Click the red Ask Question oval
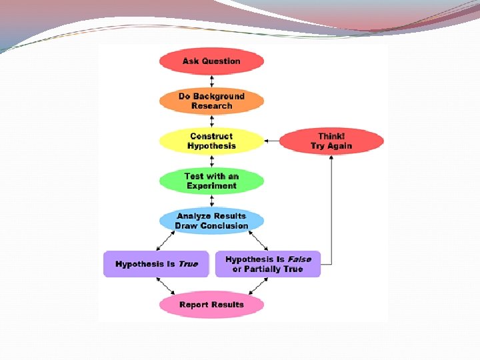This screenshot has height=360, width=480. pos(211,61)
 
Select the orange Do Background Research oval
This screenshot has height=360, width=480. pos(211,101)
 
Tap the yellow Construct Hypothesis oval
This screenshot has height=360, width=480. pos(211,141)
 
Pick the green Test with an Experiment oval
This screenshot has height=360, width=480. pos(211,181)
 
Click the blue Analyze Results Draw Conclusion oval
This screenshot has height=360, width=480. pos(211,221)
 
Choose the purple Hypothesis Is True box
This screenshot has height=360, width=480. pos(156,264)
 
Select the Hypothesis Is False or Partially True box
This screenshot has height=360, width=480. pos(267,264)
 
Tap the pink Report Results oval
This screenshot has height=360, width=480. pos(211,305)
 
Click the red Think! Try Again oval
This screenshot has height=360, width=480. pos(331,141)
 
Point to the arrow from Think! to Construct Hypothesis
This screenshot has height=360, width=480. pos(271,141)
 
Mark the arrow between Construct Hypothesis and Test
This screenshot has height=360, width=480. pos(211,161)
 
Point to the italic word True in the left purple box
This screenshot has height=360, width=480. pos(189,264)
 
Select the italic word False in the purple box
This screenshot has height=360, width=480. pos(299,259)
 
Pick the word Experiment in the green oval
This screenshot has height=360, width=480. pos(211,186)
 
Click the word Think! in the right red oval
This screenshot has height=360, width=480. pos(331,136)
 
